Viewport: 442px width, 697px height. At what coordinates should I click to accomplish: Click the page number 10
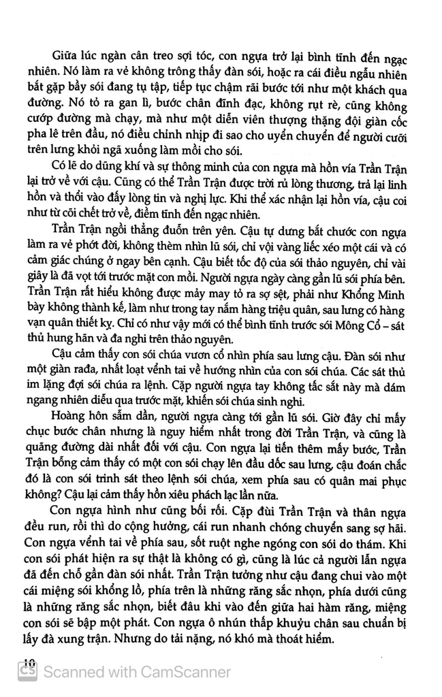tap(28, 661)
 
